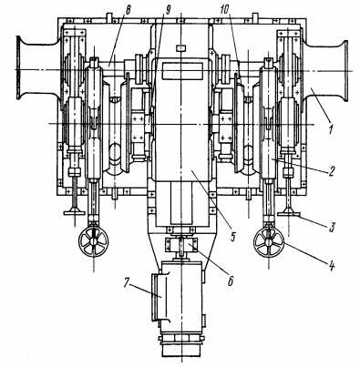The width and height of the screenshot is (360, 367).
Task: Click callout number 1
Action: pos(330,130)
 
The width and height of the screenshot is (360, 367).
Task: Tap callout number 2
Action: pos(331,171)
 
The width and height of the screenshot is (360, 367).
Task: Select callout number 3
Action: pos(332,226)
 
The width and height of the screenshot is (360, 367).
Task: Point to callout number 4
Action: pos(332,266)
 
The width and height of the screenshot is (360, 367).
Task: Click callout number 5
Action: pos(232,237)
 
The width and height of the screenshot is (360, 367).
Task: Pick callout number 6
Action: pos(231,280)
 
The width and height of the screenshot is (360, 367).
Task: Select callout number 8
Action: pos(128,10)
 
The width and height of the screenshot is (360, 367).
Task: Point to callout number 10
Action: pos(224,10)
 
